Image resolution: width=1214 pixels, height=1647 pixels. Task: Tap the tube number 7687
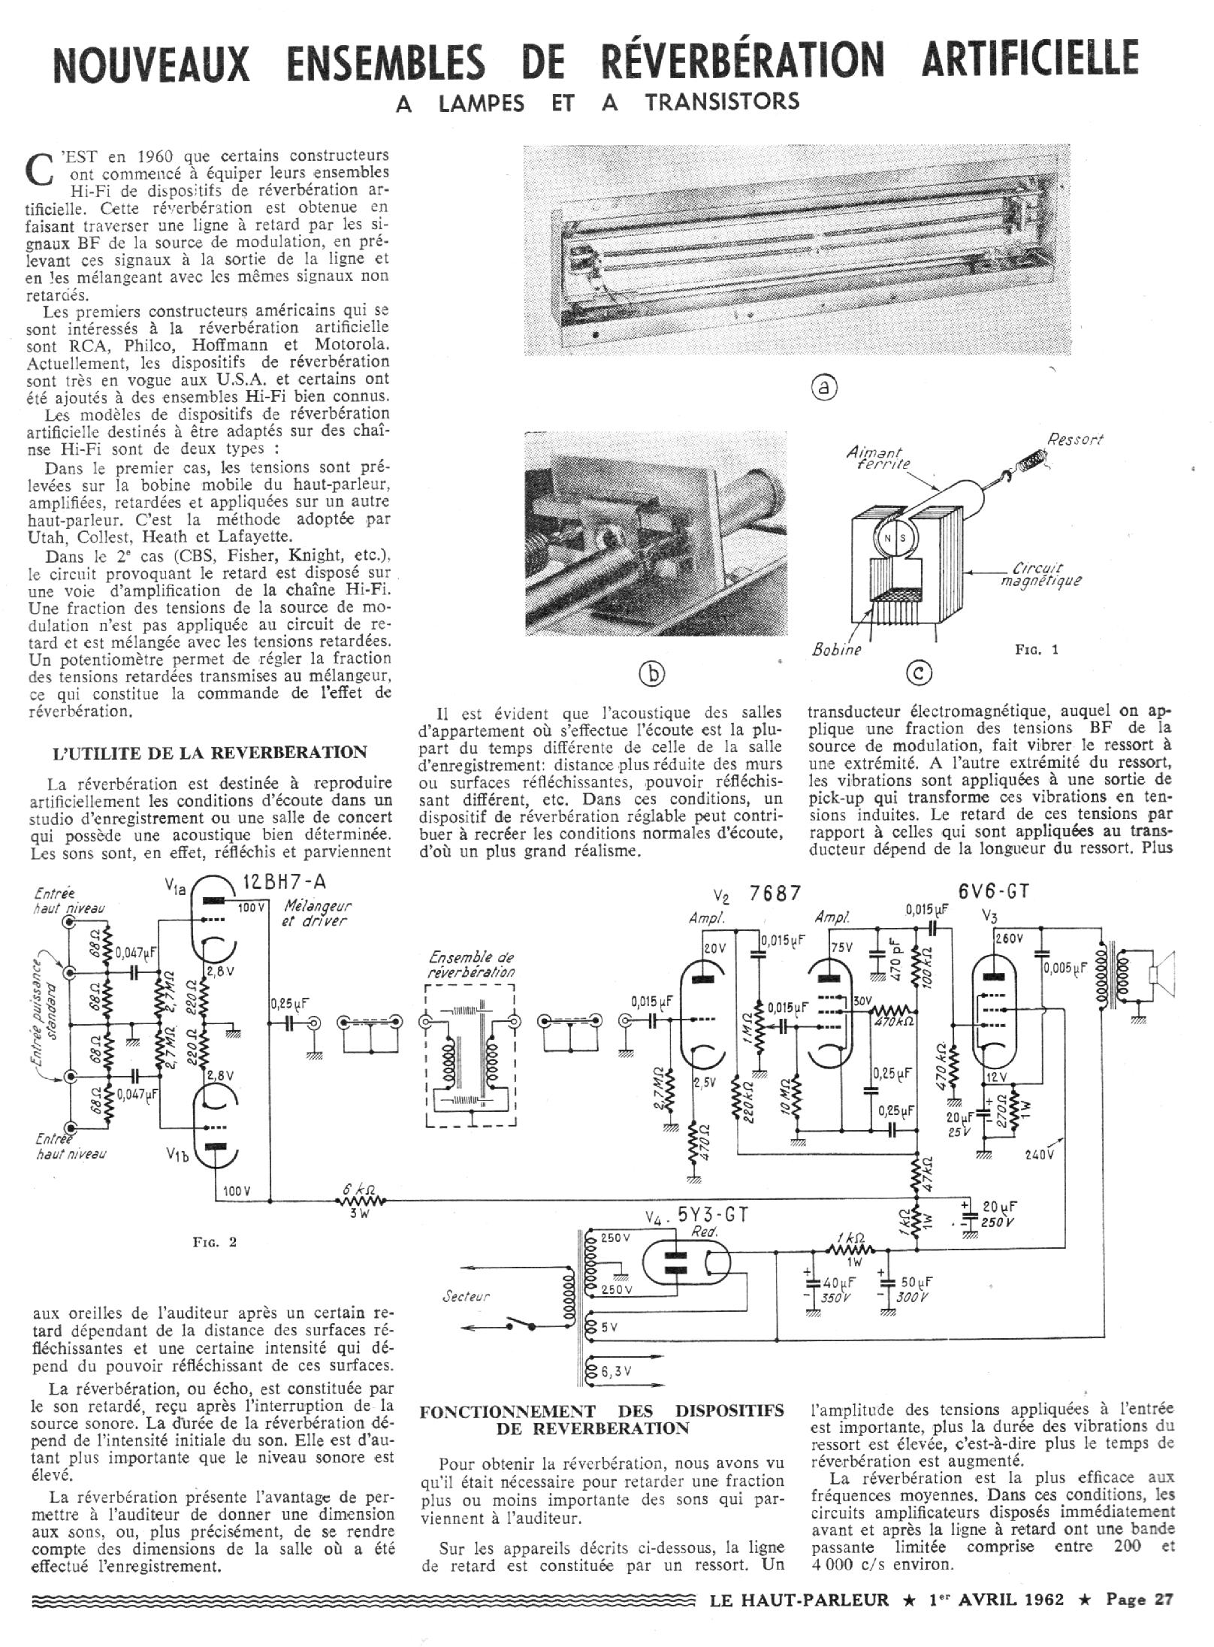point(775,893)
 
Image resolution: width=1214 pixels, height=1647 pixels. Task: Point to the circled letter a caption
point(824,387)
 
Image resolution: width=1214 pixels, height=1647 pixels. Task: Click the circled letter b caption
point(652,675)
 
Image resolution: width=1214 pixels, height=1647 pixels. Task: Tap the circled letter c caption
point(918,674)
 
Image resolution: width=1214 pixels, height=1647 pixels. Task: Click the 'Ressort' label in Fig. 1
point(1075,440)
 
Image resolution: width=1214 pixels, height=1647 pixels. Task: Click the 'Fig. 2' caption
point(214,1241)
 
